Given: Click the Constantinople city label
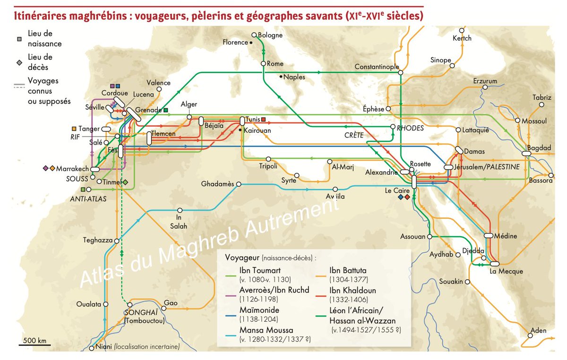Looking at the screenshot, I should [377, 67].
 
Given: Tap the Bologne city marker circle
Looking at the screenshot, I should [254, 35].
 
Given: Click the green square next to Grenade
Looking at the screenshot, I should [166, 110].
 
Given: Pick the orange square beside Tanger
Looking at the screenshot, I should [73, 129].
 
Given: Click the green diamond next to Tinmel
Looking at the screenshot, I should [125, 182].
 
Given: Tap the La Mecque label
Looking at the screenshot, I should [506, 271].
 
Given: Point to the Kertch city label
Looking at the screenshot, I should [462, 38].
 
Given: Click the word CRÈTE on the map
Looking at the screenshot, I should [354, 135].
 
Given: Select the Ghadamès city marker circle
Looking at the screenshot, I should [239, 184].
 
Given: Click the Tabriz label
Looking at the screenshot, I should [541, 97].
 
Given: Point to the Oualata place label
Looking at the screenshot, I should [89, 304].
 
